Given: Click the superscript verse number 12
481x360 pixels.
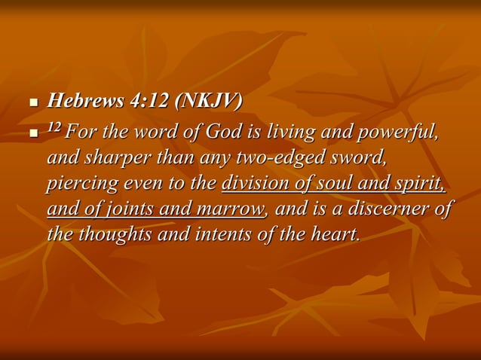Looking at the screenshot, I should (54, 130).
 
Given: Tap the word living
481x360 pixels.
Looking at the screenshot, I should (287, 134).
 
